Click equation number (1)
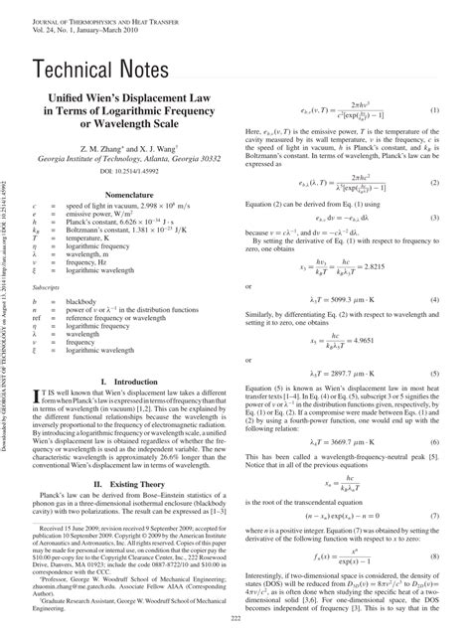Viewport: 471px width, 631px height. coord(434,112)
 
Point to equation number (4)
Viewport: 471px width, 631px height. coord(434,298)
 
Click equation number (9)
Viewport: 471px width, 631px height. coord(434,525)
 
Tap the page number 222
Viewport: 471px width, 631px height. coord(235,619)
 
